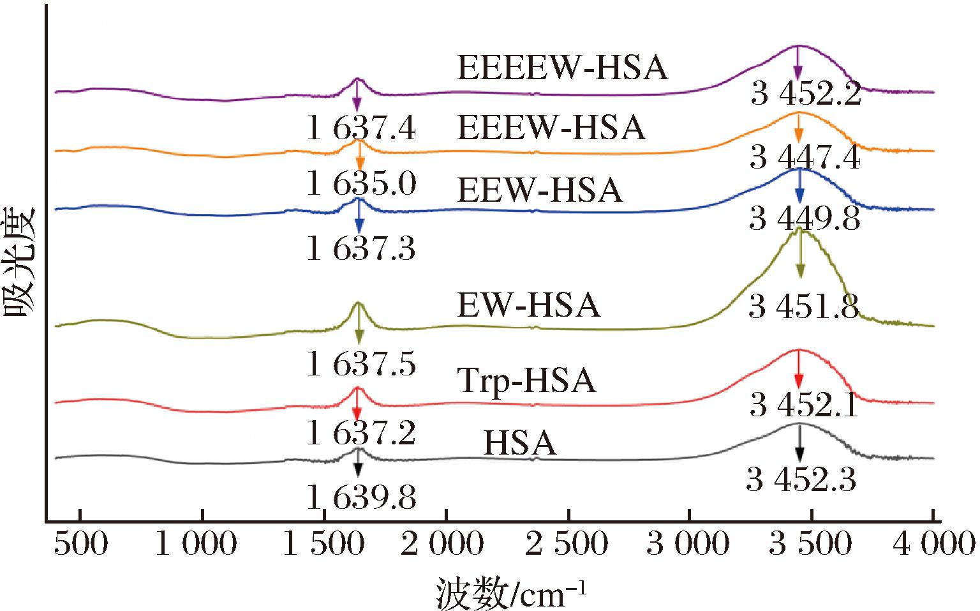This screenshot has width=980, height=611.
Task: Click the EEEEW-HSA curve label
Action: point(563,68)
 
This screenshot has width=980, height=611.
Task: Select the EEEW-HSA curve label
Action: point(552,128)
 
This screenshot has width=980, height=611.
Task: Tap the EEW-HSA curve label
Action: point(540,190)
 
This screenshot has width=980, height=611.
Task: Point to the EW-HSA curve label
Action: point(528,305)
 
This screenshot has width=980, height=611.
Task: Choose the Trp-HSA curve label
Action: point(526,381)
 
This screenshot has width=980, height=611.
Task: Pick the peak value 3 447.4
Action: point(805,157)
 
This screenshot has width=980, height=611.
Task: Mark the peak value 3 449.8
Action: point(805,219)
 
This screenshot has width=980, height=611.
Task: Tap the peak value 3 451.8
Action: point(805,308)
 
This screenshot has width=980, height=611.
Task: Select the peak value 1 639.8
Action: point(361,498)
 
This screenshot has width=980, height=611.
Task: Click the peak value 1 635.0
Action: point(361,185)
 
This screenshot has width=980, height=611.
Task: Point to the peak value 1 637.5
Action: point(361,364)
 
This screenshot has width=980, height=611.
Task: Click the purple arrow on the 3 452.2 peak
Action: point(798,64)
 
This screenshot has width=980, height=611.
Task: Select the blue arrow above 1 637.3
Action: point(359,217)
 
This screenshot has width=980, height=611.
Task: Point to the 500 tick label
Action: point(80,545)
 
